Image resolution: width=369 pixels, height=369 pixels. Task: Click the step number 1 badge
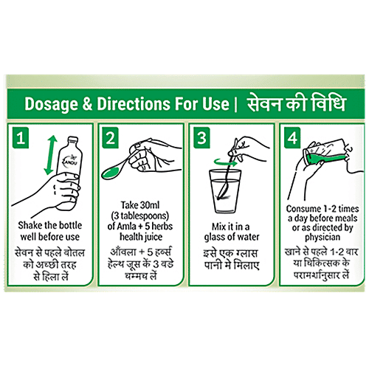tap(21, 138)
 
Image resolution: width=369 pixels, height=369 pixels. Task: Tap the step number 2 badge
tap(111, 138)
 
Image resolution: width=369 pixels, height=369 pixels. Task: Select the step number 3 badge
tap(201, 138)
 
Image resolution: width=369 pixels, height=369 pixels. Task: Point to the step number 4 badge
tap(292, 138)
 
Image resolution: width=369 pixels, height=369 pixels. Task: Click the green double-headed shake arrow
tap(50, 156)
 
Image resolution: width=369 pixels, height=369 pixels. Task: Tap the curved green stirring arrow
tap(225, 162)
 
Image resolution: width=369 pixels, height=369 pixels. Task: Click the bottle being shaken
tap(69, 172)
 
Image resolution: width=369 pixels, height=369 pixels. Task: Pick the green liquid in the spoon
tap(111, 173)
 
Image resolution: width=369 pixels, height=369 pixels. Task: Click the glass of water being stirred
tap(225, 191)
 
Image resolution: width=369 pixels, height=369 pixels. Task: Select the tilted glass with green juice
tap(325, 153)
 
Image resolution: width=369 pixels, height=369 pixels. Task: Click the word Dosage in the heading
tap(51, 104)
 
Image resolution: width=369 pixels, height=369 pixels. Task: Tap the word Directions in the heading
tap(134, 103)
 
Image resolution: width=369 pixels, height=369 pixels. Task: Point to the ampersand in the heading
tap(87, 104)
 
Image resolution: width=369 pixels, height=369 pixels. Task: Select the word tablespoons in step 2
tap(142, 215)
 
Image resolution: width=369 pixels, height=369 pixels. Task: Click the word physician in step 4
tap(323, 238)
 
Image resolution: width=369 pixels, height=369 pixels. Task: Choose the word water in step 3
tap(248, 237)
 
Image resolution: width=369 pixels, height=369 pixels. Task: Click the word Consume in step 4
tap(303, 209)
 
